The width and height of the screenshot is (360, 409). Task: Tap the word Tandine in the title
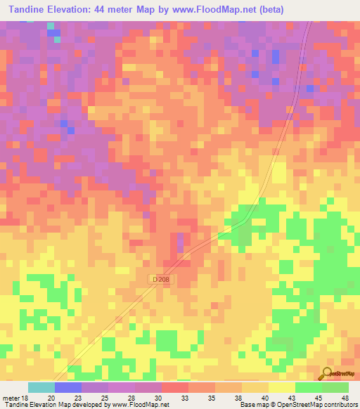tap(26, 10)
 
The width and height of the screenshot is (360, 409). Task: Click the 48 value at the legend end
tap(345, 397)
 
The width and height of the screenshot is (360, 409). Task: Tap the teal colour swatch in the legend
tap(41, 387)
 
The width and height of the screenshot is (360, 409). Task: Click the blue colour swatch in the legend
tap(67, 387)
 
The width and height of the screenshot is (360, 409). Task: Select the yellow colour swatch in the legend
tap(281, 387)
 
